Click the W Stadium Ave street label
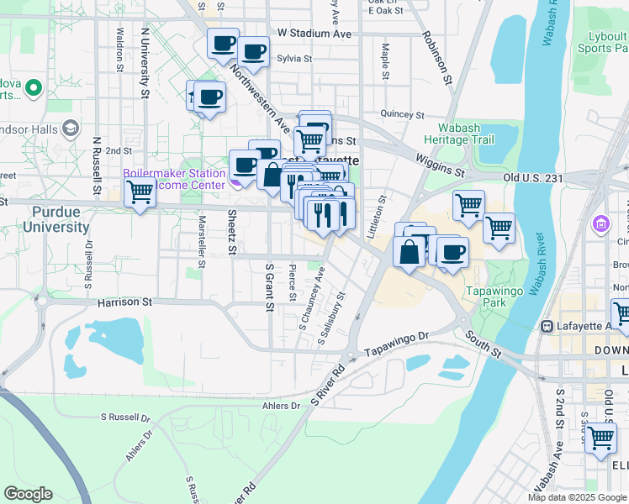tap(314, 34)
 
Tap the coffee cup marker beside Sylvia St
tap(252, 52)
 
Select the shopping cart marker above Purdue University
tap(140, 192)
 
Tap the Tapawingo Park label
tap(496, 302)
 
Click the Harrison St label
tap(124, 301)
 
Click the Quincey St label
tap(403, 114)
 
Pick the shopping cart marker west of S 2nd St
tap(600, 438)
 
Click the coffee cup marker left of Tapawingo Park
tap(452, 251)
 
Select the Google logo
tap(28, 494)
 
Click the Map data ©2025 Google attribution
tap(577, 496)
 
